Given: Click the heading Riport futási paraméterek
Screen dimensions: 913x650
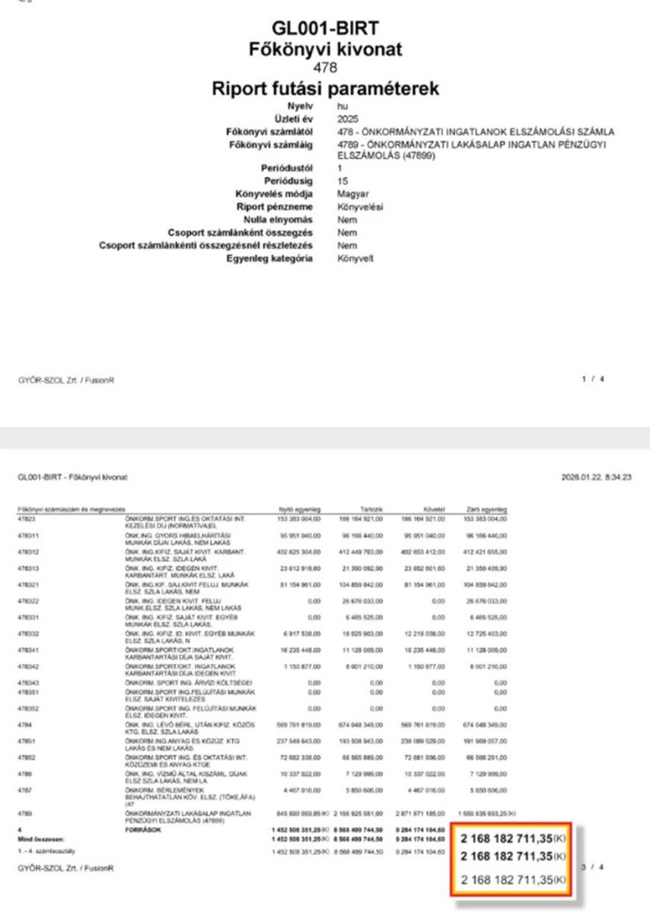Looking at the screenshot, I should tap(326, 88).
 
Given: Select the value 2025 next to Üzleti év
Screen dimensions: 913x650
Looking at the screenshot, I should tap(347, 119).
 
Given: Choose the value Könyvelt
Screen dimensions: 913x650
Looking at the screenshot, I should tap(355, 258).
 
